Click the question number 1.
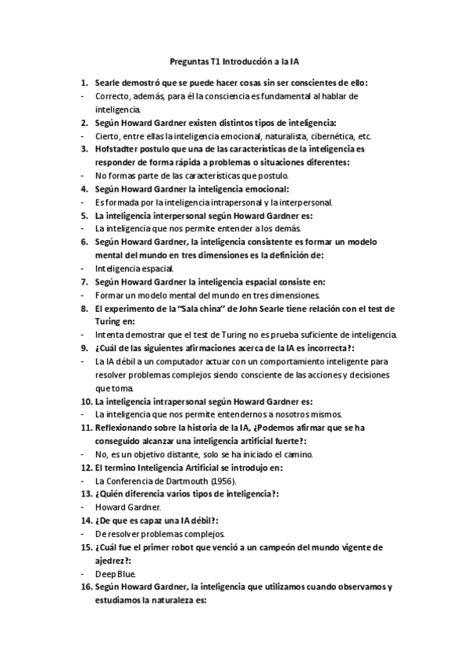(x=84, y=82)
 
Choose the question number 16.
(x=85, y=587)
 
